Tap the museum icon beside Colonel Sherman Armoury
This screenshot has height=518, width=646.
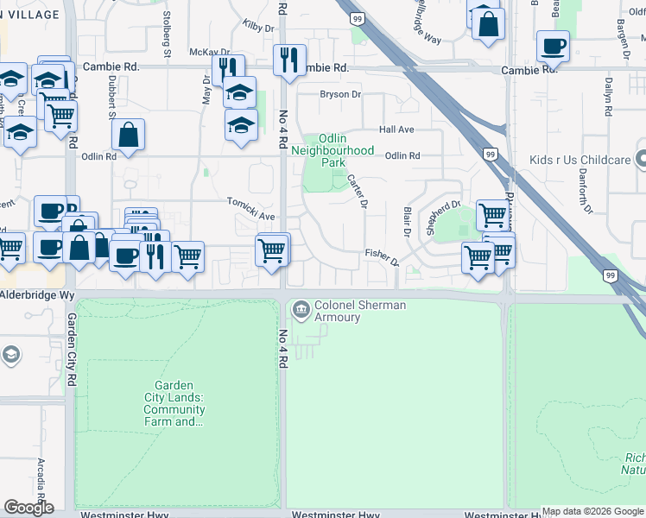[x=301, y=308]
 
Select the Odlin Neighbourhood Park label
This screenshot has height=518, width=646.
[x=332, y=150]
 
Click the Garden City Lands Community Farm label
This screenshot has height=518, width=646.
[x=174, y=404]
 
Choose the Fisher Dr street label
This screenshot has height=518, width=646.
[x=382, y=256]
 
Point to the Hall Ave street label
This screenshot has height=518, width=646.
[x=397, y=129]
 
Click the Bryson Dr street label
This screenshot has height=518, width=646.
[x=340, y=94]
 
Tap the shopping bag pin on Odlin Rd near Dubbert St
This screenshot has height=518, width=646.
[x=128, y=135]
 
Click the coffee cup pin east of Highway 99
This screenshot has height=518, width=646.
[x=553, y=45]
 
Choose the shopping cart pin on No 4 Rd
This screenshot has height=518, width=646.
[x=272, y=251]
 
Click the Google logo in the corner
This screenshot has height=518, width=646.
[x=28, y=508]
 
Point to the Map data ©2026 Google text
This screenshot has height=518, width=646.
[x=592, y=511]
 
